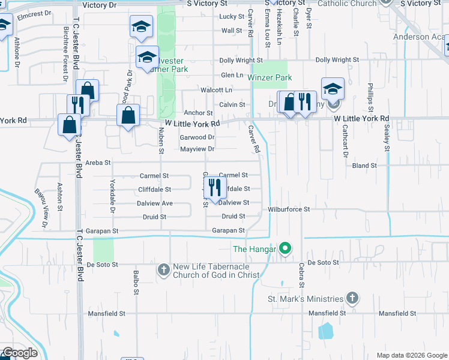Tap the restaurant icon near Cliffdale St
pyautogui.click(x=215, y=188)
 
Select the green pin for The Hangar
pyautogui.click(x=286, y=248)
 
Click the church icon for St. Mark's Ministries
pyautogui.click(x=352, y=298)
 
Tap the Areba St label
pyautogui.click(x=98, y=163)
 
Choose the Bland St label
pyautogui.click(x=364, y=165)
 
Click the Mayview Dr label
pyautogui.click(x=197, y=149)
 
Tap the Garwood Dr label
pyautogui.click(x=197, y=137)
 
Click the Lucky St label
pyautogui.click(x=232, y=16)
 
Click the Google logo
pyautogui.click(x=19, y=353)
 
